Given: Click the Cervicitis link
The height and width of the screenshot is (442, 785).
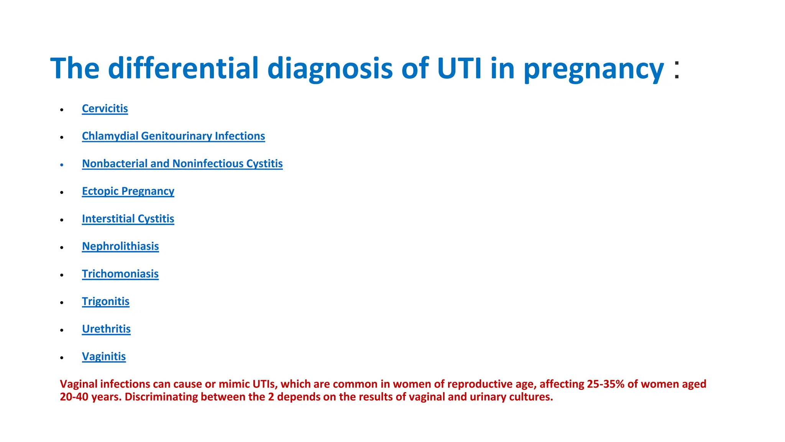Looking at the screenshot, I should click(x=105, y=109).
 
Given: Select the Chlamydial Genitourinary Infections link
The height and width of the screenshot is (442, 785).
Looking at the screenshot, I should click(x=173, y=136).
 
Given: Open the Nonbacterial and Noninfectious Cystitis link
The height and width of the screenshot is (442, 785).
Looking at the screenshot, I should click(x=182, y=164).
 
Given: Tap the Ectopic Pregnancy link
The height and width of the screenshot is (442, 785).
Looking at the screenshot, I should click(x=128, y=191).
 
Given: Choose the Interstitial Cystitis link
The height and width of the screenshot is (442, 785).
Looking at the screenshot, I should click(x=128, y=219).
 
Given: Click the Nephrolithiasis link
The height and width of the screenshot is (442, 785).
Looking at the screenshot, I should click(x=120, y=246).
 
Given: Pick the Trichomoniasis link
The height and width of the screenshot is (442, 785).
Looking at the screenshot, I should click(x=120, y=274).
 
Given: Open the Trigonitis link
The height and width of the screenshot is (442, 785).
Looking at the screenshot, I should click(x=105, y=302).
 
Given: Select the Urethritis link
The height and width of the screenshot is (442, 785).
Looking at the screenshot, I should click(x=106, y=329).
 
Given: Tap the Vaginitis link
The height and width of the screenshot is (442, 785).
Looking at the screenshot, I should click(x=103, y=357).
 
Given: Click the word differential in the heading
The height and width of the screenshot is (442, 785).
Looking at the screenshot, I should click(x=183, y=68).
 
